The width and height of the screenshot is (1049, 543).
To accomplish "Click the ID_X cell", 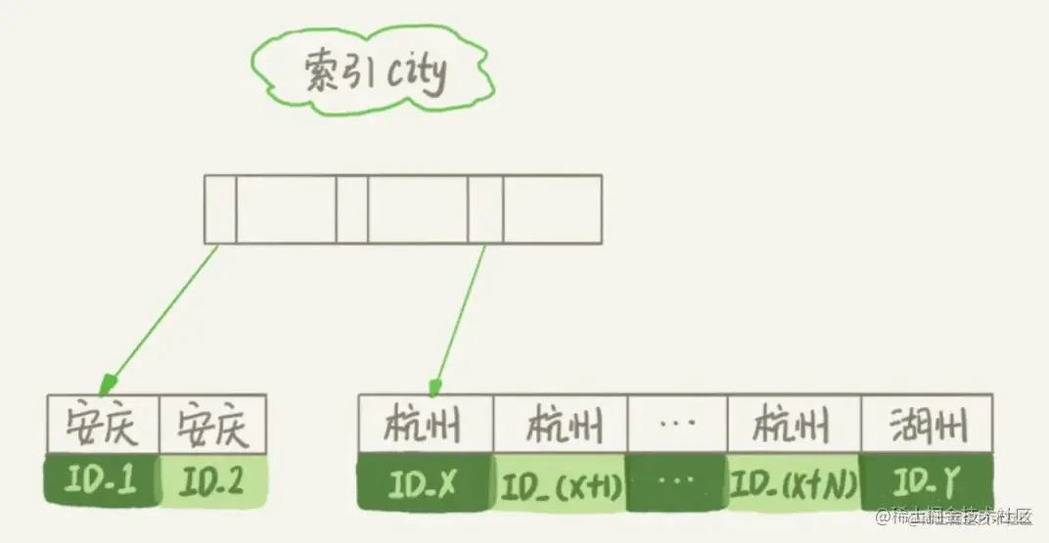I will pyautogui.click(x=425, y=483).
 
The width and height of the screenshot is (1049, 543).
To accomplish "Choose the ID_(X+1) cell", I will pyautogui.click(x=560, y=483).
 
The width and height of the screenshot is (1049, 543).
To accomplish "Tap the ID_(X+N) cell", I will pyautogui.click(x=794, y=483).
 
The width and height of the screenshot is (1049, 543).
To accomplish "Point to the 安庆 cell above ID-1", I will pyautogui.click(x=102, y=426).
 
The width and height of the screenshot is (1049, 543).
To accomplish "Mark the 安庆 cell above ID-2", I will pyautogui.click(x=212, y=426).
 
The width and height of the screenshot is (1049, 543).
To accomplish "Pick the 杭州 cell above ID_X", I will pyautogui.click(x=426, y=426).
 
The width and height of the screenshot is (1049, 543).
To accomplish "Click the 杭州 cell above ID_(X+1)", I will pyautogui.click(x=561, y=426).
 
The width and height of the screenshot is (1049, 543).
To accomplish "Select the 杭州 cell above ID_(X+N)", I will pyautogui.click(x=794, y=426).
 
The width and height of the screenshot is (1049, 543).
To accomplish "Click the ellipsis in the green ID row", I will pyautogui.click(x=677, y=483).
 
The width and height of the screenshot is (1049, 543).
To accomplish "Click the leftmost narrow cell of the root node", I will pyautogui.click(x=219, y=208).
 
